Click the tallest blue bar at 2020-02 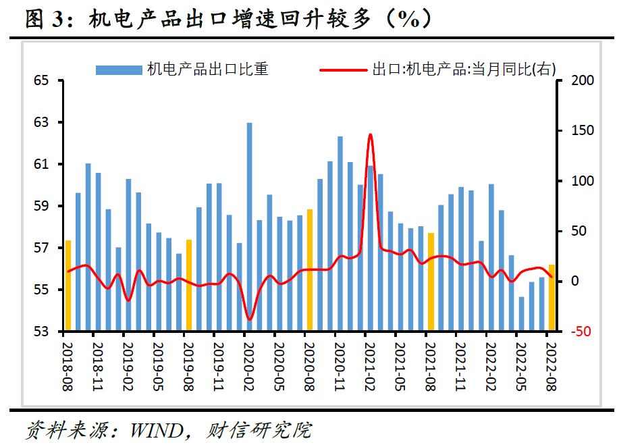(249, 227)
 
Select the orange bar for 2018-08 (68, 286)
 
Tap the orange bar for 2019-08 (189, 286)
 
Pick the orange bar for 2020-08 (310, 270)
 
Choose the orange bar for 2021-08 (431, 282)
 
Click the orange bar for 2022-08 (551, 298)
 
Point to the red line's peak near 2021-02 (370, 135)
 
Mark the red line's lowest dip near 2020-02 (249, 319)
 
